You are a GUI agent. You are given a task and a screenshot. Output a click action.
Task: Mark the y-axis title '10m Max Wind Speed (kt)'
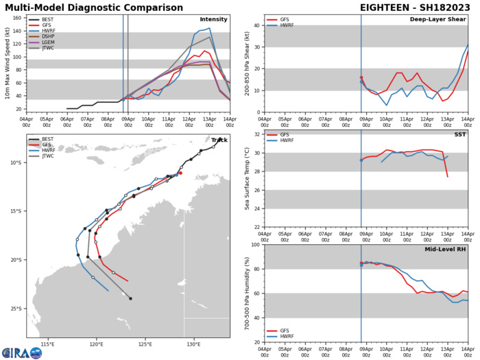click(8, 63)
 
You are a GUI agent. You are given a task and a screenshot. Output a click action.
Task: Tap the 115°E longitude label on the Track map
click(47, 344)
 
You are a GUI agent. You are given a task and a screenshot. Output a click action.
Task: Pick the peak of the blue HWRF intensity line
click(209, 29)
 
